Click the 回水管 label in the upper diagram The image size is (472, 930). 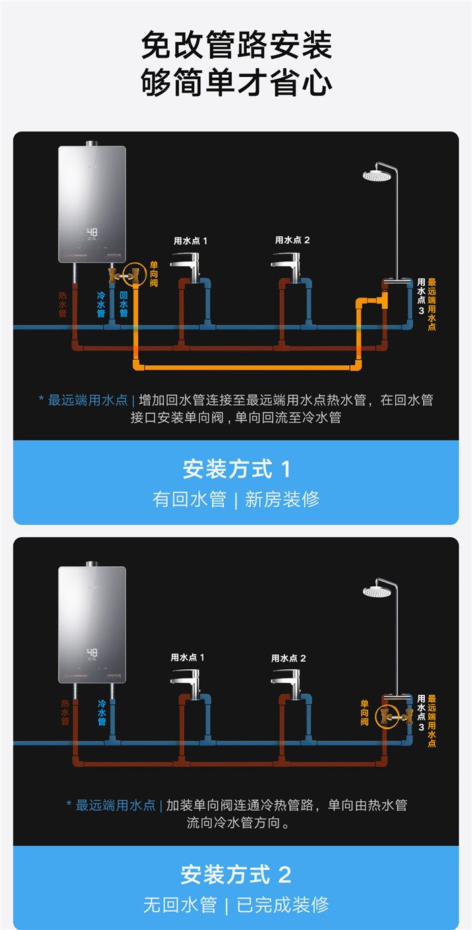123,304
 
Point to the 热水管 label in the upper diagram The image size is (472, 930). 63,304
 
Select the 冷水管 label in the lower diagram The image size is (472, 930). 102,712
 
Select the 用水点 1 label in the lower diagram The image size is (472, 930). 187,657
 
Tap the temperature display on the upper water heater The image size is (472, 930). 92,233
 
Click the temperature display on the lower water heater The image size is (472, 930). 92,652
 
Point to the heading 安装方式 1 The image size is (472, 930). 236,469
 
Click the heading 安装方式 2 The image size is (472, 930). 236,875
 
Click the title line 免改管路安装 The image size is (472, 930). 236,46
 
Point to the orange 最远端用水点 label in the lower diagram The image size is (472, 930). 432,721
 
